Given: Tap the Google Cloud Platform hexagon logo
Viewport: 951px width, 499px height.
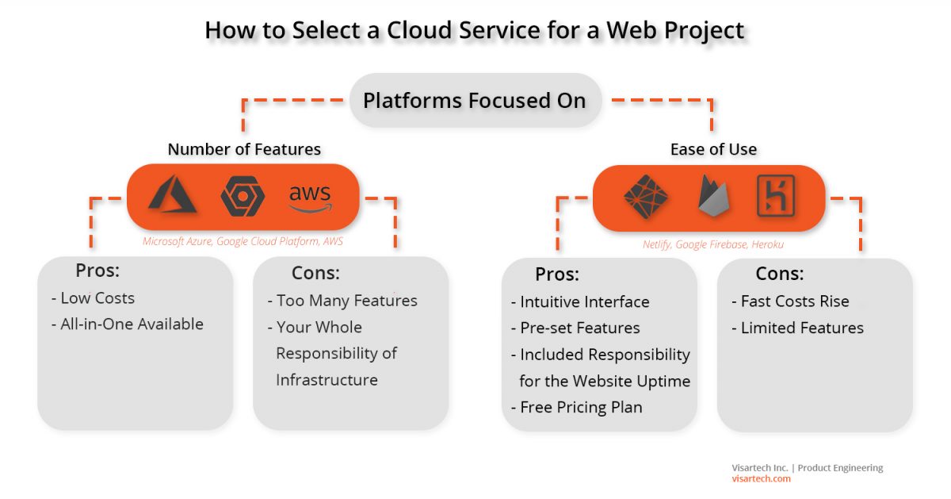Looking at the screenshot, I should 243,197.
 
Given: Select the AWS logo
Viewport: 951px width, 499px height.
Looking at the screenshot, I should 310,197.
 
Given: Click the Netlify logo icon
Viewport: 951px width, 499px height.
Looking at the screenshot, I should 645,196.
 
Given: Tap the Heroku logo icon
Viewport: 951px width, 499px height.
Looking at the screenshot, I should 776,196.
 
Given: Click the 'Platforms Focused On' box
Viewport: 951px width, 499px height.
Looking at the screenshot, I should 475,101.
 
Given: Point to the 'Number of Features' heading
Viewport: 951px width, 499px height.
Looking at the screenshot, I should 244,149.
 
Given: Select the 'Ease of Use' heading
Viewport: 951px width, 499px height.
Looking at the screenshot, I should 713,149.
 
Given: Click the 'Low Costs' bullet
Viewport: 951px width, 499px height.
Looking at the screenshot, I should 94,298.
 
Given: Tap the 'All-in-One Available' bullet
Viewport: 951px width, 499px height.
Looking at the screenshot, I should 128,324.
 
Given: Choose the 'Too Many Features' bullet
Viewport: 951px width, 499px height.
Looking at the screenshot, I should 342,301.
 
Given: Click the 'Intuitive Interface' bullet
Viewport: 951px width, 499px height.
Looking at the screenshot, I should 580,301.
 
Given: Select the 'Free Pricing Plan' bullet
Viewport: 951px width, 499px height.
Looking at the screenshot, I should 576,407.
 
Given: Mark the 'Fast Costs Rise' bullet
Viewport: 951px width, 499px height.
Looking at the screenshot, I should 789,301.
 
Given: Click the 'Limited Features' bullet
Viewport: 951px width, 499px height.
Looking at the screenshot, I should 796,328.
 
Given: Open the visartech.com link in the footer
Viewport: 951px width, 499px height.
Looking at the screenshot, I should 761,478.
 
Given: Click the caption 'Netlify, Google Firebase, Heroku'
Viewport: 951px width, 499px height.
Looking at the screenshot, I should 713,244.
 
